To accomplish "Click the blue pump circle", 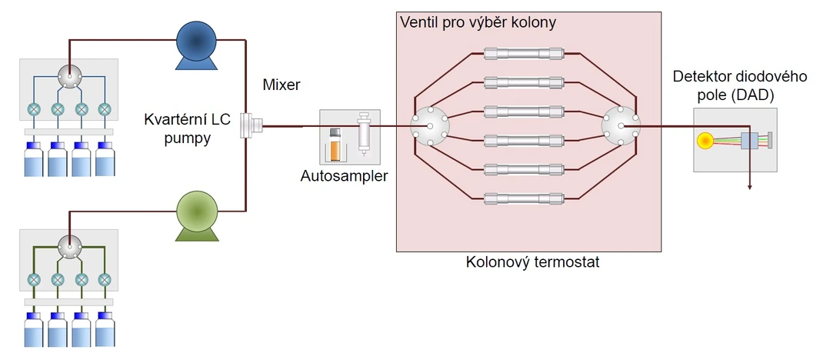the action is pyautogui.click(x=196, y=41).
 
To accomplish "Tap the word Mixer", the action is pyautogui.click(x=282, y=85).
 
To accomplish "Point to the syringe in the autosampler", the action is pyautogui.click(x=363, y=134).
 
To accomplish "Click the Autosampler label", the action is pyautogui.click(x=345, y=176).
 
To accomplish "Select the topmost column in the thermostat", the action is pyautogui.click(x=524, y=53).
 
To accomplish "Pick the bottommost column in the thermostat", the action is pyautogui.click(x=524, y=198).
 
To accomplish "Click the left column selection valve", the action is pyautogui.click(x=430, y=125).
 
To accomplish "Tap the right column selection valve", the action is pyautogui.click(x=621, y=125).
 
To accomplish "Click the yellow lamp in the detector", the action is pyautogui.click(x=705, y=141).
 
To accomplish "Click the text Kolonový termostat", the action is pyautogui.click(x=533, y=262).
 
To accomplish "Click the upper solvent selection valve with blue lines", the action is pyautogui.click(x=68, y=77).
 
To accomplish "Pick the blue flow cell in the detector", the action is pyautogui.click(x=749, y=142).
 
